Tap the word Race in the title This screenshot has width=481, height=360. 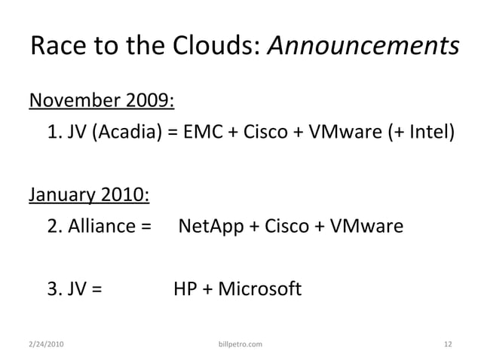(58, 47)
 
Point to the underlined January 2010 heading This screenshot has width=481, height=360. (89, 194)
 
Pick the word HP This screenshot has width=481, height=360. (185, 289)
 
